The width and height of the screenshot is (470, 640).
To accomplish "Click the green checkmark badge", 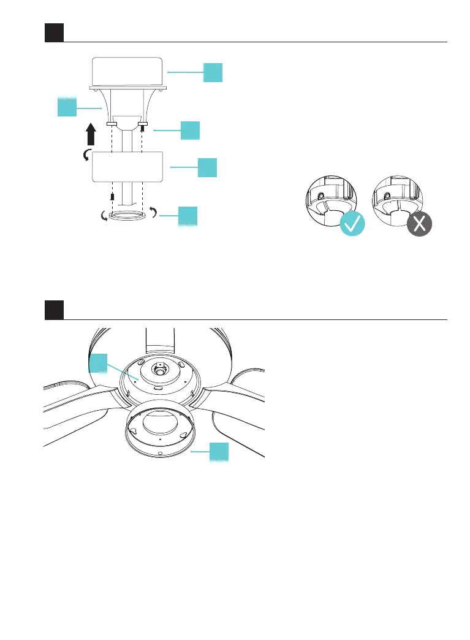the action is [x=351, y=224].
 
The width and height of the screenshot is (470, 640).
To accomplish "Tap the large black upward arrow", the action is [x=91, y=134].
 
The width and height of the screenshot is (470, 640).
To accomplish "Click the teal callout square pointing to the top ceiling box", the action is [x=213, y=72].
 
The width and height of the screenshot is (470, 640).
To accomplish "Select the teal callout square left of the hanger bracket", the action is [x=67, y=107].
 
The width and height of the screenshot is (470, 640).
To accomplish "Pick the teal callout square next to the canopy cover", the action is [x=208, y=167].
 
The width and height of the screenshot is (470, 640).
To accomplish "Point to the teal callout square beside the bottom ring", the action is [x=188, y=216].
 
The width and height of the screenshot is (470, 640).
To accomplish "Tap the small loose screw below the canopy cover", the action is [x=112, y=197].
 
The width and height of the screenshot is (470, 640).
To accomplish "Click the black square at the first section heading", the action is [x=54, y=33].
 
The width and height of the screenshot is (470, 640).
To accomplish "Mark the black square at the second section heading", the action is [x=54, y=310].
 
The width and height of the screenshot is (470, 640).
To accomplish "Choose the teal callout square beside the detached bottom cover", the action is [x=219, y=452].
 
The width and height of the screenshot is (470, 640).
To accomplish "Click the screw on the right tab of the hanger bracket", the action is [x=143, y=129].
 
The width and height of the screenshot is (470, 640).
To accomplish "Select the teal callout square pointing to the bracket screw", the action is [x=191, y=131].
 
